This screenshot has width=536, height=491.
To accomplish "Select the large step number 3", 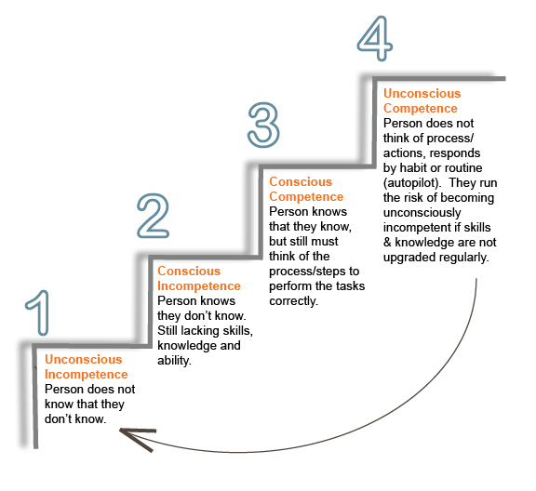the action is tap(263, 125).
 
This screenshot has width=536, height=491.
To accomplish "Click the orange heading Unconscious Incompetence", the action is tap(87, 366).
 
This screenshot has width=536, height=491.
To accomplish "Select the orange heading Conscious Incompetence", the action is tap(199, 278).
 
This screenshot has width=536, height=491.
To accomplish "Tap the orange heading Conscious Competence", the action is tap(306, 190).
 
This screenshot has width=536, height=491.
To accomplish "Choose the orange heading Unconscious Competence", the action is tap(422, 100).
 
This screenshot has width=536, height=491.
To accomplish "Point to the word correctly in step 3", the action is tap(294, 301).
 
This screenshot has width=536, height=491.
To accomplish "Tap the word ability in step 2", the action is tap(174, 361).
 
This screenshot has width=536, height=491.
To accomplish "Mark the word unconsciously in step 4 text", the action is tap(422, 213).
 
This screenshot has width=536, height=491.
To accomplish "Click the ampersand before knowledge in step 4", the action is tap(387, 243).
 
